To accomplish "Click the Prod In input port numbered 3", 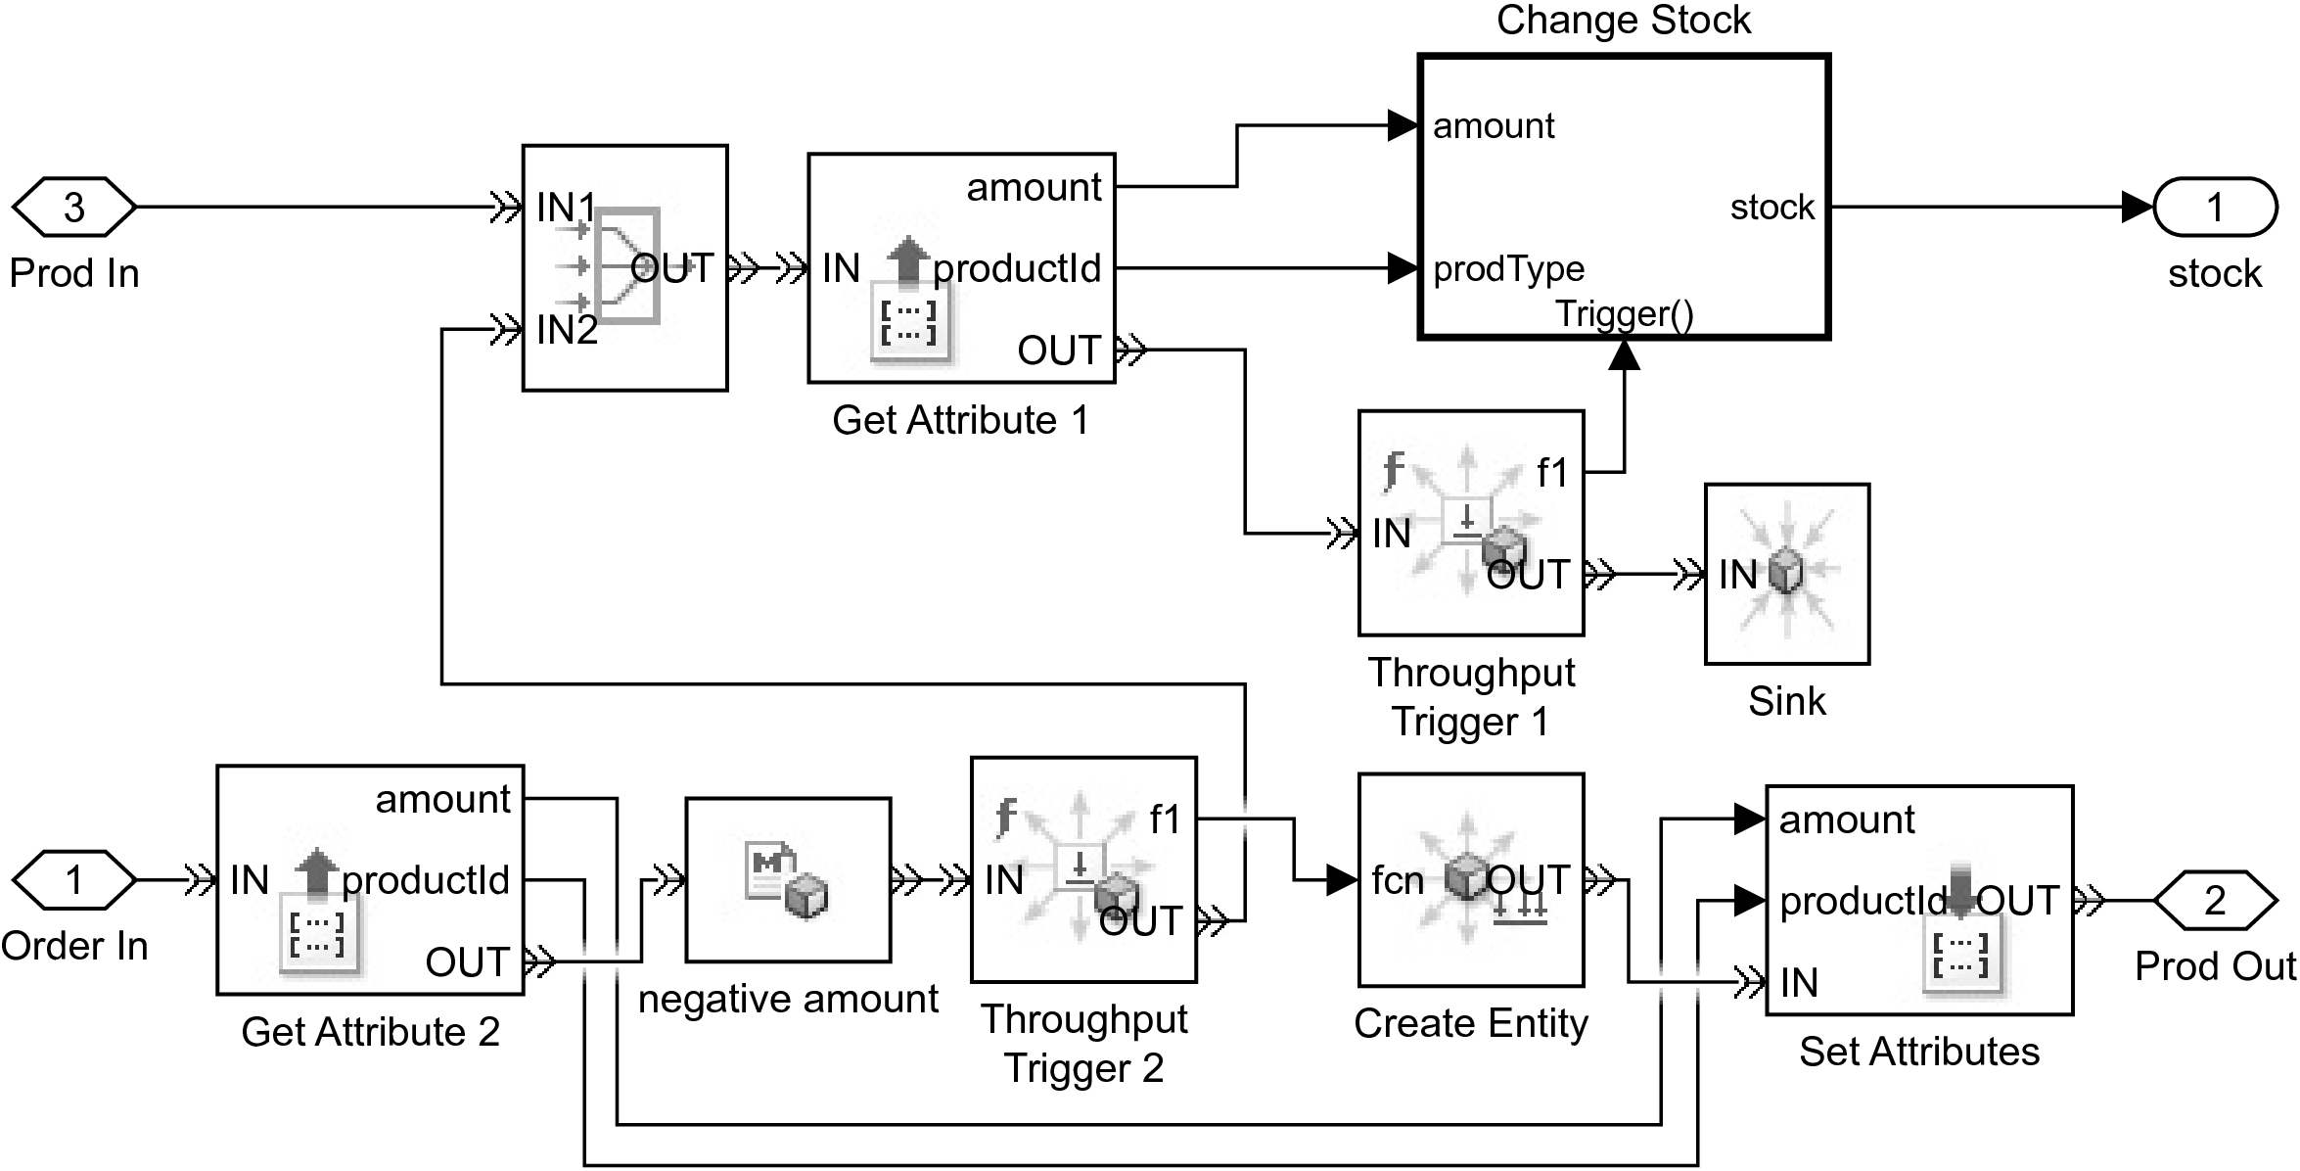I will (73, 208).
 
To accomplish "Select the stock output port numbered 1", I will (2215, 208).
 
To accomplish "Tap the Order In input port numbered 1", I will (73, 880).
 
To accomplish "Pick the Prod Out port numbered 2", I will (2215, 900).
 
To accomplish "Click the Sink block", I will (1787, 574).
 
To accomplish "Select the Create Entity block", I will (1470, 879).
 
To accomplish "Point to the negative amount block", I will (788, 879).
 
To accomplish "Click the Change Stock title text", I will (1624, 21).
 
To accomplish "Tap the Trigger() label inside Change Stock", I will (1624, 314).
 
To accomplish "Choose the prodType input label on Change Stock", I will (1508, 268).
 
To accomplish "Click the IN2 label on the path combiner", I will (567, 330).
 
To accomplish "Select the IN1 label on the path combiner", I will (566, 208).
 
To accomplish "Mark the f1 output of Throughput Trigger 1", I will (1552, 473).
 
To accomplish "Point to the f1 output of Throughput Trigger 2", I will (1165, 820).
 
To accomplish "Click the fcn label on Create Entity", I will (1398, 881).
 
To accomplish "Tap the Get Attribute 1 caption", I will (960, 420).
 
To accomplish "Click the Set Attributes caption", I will (1919, 1052).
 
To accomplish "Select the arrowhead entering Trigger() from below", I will (1624, 355).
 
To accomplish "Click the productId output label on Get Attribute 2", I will (426, 880).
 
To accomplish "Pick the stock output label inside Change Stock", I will (1771, 208).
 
